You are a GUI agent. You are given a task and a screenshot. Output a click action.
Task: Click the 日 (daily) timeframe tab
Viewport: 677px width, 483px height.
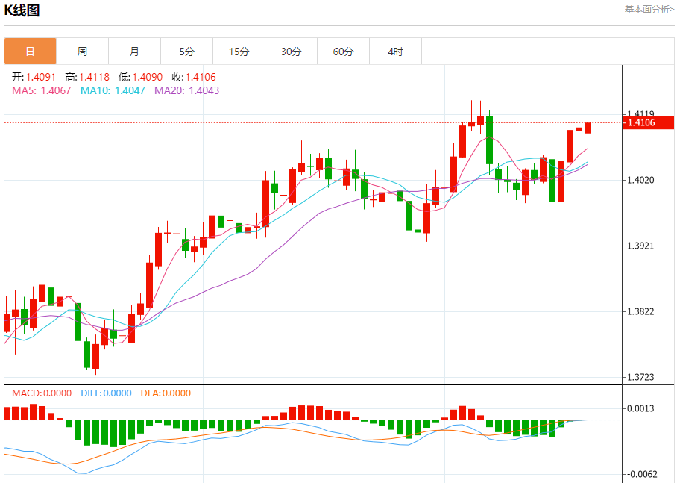[30, 52]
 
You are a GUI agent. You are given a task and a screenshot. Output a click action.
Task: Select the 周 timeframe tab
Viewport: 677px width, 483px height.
[82, 52]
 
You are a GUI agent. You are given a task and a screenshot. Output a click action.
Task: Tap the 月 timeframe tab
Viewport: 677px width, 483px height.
[134, 52]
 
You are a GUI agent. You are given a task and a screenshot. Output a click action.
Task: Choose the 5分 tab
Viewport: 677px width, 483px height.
[186, 52]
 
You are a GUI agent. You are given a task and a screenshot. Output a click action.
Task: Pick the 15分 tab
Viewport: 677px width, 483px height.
[239, 52]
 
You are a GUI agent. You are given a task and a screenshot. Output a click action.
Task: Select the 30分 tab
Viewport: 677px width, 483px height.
[292, 52]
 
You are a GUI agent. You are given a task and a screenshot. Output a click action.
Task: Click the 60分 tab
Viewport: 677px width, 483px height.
[344, 52]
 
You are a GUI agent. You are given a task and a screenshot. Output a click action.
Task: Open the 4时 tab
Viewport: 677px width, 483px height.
[396, 52]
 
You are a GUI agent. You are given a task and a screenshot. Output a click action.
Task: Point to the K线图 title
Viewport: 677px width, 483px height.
[22, 10]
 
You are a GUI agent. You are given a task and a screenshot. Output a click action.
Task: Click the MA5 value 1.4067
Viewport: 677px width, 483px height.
[56, 90]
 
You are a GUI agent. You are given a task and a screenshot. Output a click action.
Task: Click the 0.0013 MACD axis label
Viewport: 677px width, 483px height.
[641, 408]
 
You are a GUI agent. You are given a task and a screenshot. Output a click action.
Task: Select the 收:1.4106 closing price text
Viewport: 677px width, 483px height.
[194, 77]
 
